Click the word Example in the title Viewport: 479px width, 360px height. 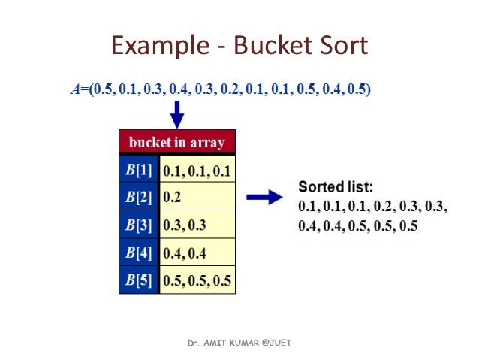point(156,47)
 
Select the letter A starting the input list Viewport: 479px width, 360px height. point(75,89)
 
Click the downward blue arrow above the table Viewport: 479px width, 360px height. point(177,115)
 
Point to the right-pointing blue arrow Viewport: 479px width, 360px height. point(264,197)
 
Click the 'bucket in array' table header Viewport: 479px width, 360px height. point(177,142)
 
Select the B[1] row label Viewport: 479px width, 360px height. point(139,171)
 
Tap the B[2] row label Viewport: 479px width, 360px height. point(139,198)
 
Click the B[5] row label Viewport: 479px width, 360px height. point(139,282)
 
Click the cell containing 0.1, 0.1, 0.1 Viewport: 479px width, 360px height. point(197,171)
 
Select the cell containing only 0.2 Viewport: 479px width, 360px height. point(197,198)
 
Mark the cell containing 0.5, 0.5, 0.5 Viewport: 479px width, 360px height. point(197,282)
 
